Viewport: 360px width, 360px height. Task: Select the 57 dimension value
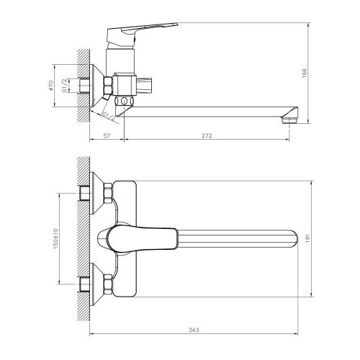pos(106,134)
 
